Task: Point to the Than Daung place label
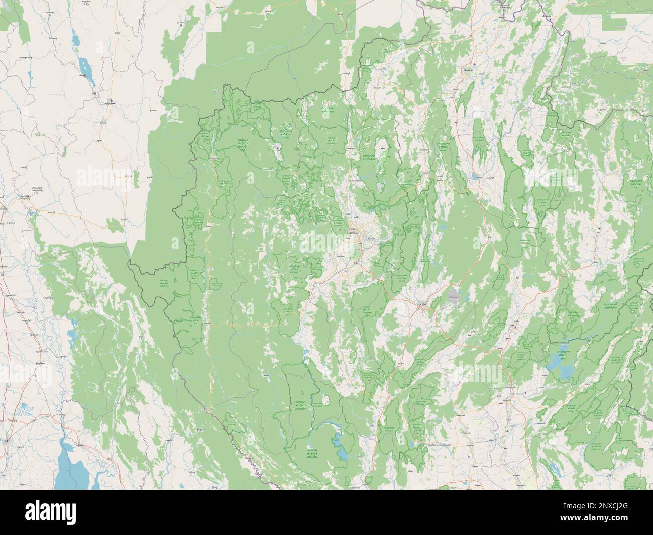tap(26, 199)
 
